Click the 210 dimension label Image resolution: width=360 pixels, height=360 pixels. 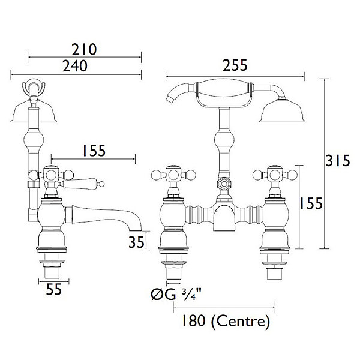click(84, 50)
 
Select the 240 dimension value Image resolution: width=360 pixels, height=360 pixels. click(75, 66)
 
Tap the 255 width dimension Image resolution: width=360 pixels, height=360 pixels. click(235, 65)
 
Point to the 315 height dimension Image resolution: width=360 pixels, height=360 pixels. click(338, 160)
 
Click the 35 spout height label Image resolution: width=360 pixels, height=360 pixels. click(137, 242)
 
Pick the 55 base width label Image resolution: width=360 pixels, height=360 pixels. click(54, 289)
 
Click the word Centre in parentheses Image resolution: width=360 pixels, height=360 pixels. click(240, 321)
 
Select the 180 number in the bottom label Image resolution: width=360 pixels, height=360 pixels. click(193, 321)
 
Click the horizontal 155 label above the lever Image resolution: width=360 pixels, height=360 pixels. click(94, 151)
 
